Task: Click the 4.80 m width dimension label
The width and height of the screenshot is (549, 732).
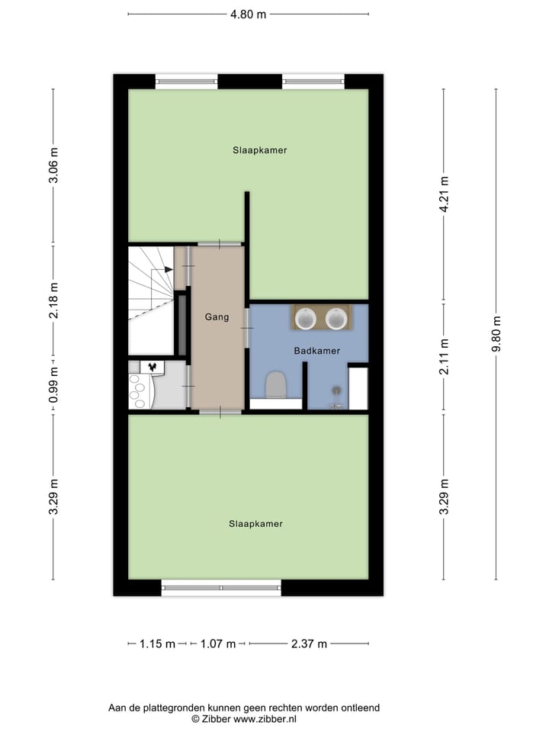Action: click(249, 14)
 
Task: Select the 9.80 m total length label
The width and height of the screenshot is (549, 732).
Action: click(496, 333)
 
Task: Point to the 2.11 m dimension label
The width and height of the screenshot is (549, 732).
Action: click(444, 358)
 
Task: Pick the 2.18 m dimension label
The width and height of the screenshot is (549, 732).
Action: click(53, 300)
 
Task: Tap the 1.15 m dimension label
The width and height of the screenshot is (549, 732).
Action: click(158, 644)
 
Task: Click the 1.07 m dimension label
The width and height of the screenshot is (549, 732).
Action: click(217, 644)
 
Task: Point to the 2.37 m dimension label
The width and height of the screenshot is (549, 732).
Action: click(309, 644)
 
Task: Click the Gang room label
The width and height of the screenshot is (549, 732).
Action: click(217, 316)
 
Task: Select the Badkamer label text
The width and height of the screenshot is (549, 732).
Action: click(316, 351)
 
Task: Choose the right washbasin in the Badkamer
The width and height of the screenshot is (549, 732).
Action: click(336, 318)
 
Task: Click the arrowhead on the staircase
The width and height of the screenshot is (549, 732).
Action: click(167, 269)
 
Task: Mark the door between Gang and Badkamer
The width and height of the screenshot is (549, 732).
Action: click(247, 327)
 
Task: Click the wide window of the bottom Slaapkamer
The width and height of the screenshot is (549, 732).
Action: click(221, 587)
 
